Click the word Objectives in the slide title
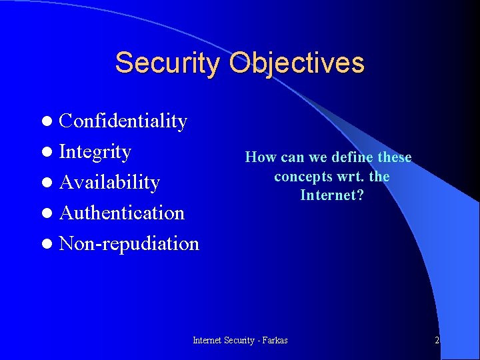tap(297, 63)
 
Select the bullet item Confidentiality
tap(123, 121)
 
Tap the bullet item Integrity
tap(95, 151)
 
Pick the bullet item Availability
tap(109, 182)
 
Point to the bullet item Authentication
tap(121, 213)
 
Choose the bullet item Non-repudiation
tap(129, 243)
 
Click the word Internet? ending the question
tap(331, 195)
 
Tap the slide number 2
tap(437, 340)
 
